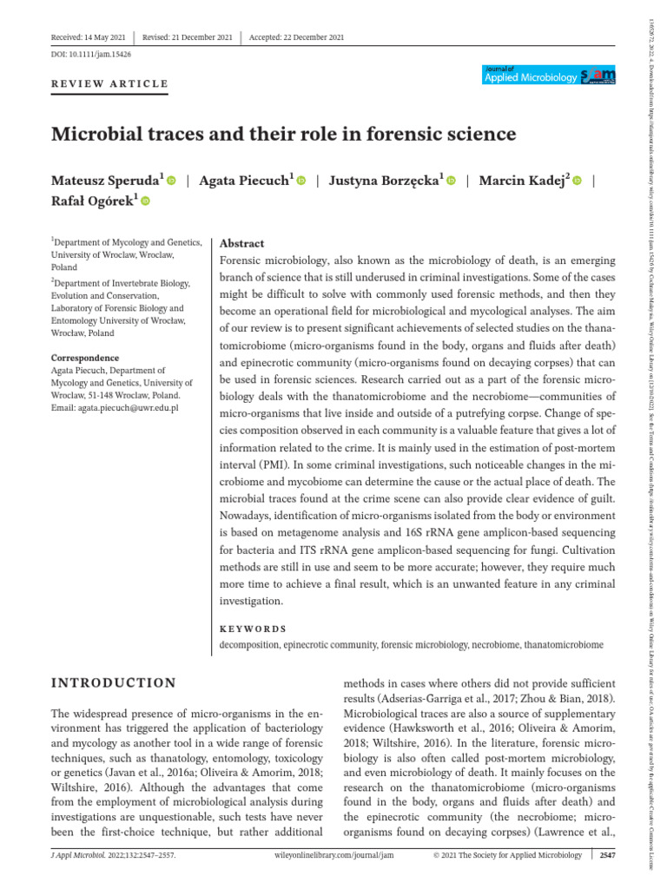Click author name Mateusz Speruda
point(108,181)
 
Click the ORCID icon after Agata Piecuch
point(302,181)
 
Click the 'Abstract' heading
point(242,244)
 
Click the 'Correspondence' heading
point(85,358)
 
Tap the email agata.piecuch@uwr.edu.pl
point(125,408)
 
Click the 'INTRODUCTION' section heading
point(114,683)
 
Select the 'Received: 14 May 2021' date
point(89,36)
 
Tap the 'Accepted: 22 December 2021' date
point(296,36)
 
